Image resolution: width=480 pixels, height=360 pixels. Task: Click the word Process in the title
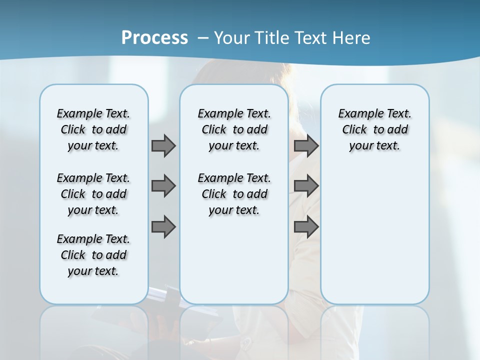(x=154, y=37)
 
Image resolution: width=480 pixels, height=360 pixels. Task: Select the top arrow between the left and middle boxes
(x=163, y=145)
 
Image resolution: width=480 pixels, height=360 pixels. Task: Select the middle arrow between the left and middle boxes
(x=163, y=186)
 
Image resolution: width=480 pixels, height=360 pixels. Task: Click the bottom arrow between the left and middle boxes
(x=163, y=226)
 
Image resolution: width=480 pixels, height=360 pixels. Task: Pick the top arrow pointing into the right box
(x=306, y=145)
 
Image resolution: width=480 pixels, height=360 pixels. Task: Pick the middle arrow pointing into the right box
(x=306, y=186)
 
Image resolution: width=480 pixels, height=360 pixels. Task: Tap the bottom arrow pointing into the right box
(x=306, y=226)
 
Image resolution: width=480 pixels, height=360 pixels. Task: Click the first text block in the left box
(x=93, y=129)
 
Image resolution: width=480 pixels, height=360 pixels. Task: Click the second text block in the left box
(x=93, y=194)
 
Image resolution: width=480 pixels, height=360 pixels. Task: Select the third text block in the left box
(x=93, y=255)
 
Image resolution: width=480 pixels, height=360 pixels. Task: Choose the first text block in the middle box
(x=234, y=129)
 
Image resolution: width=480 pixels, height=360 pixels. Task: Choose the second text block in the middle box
(x=234, y=194)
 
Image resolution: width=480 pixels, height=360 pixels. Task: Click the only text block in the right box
(x=374, y=129)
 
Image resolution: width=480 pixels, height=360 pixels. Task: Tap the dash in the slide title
(x=203, y=38)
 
